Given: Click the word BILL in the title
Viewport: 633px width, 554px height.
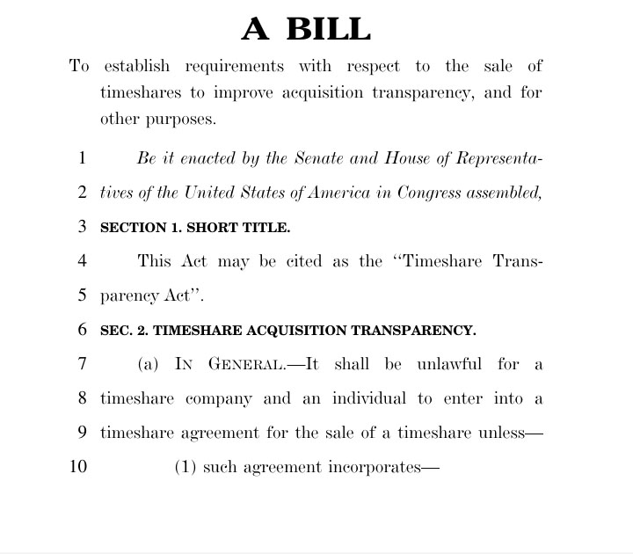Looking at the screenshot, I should click(327, 29).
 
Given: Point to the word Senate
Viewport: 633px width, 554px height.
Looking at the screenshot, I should click(318, 159).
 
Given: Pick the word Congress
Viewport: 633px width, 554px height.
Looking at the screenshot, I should click(411, 193).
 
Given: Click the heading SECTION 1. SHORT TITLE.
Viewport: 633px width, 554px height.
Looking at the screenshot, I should click(194, 227).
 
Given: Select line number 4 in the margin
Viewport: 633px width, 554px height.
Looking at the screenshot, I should click(82, 261).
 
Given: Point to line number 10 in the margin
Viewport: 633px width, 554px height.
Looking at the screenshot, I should click(78, 467).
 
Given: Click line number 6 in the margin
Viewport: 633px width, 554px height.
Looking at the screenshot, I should click(82, 331).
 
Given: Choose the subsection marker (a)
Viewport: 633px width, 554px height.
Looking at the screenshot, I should click(148, 364).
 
